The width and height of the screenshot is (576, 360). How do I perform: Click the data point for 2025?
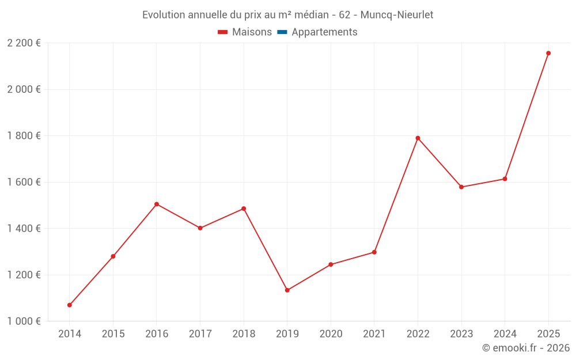coord(548,53)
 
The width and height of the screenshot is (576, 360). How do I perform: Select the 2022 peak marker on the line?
coord(418,138)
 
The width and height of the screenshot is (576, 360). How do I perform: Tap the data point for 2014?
coord(70,305)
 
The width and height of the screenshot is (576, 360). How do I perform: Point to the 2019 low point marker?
coord(287,290)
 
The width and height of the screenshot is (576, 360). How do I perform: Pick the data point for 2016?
coord(157,204)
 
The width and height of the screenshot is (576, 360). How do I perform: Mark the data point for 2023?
coord(461,187)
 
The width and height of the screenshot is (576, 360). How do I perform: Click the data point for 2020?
coord(331,264)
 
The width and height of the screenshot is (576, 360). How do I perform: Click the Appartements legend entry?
coord(324,32)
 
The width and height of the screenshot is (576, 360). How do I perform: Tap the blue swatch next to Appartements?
coord(282,32)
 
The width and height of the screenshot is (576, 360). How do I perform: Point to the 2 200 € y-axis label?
coord(24,43)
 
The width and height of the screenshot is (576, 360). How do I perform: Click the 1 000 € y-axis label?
coord(24,321)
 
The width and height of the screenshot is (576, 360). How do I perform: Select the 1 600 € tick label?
coord(24,182)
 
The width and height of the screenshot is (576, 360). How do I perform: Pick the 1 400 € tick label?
coord(24,228)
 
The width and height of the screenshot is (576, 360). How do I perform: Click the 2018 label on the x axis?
coord(244,334)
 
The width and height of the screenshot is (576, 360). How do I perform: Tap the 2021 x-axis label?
coord(374,334)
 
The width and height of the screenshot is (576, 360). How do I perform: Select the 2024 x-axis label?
coord(505,334)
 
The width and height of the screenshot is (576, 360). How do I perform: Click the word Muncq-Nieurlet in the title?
coord(397,14)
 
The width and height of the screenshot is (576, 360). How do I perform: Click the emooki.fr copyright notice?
coord(526,348)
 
